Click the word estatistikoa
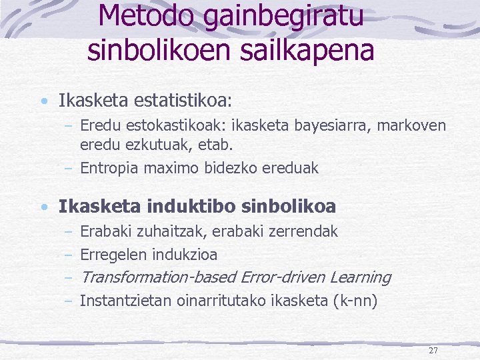point(183,101)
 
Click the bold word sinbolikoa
point(289,207)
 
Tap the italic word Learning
point(360,277)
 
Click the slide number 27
point(433,351)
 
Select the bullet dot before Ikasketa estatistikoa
point(43,102)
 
